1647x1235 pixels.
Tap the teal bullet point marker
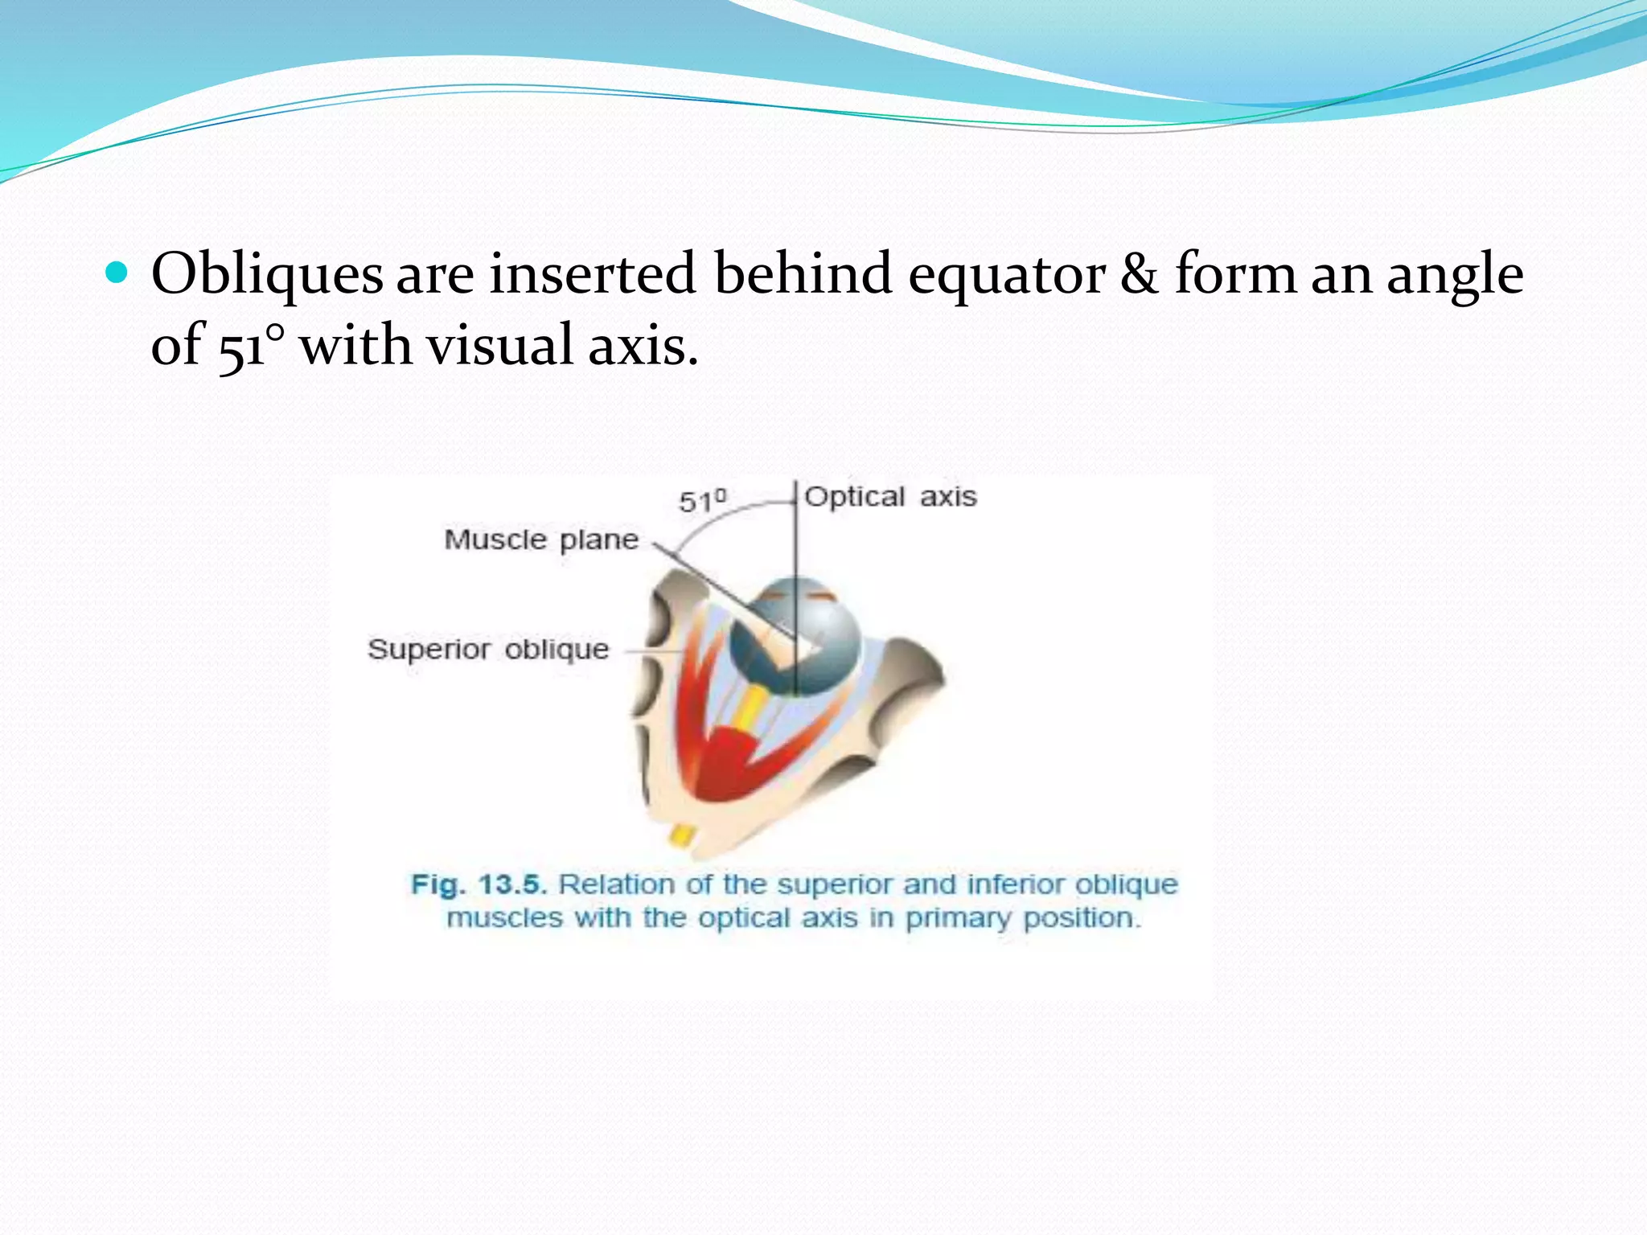pos(117,273)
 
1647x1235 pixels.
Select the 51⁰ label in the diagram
pos(702,501)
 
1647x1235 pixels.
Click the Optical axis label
pos(890,497)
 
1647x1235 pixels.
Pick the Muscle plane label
pos(541,540)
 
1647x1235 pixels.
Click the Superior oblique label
pos(488,649)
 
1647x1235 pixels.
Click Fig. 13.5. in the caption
pos(478,884)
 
